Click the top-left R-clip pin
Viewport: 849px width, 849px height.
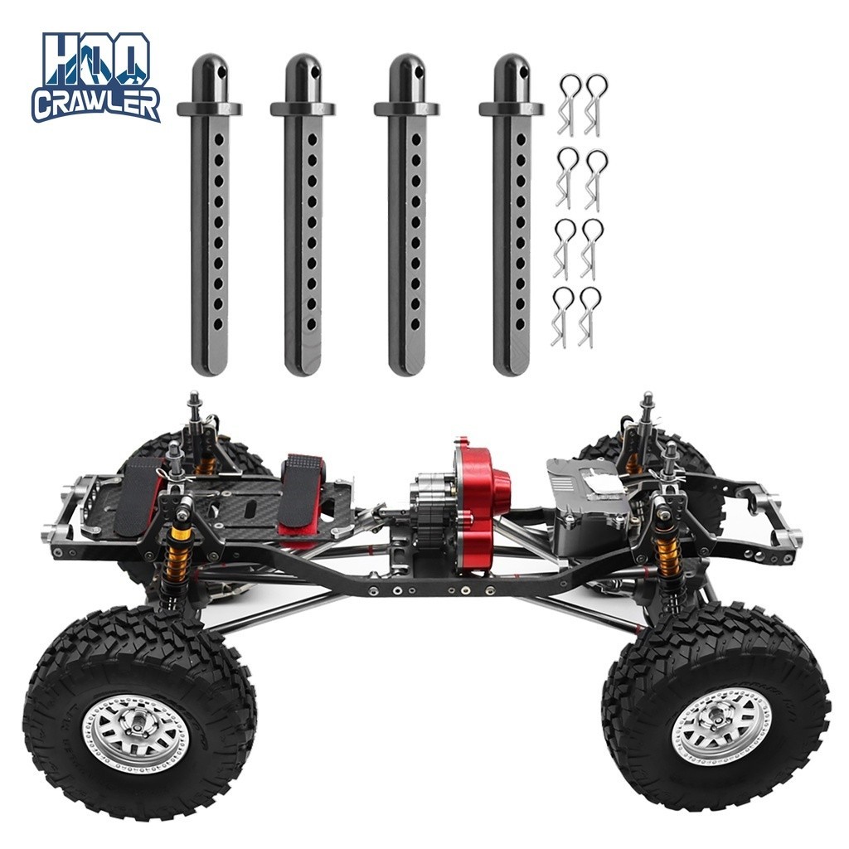pyautogui.click(x=568, y=104)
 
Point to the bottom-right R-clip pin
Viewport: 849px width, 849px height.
pyautogui.click(x=589, y=316)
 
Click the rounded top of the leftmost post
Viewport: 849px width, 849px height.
pyautogui.click(x=209, y=70)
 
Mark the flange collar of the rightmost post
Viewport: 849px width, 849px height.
pyautogui.click(x=511, y=109)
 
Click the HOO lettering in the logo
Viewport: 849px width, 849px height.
pyautogui.click(x=96, y=60)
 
